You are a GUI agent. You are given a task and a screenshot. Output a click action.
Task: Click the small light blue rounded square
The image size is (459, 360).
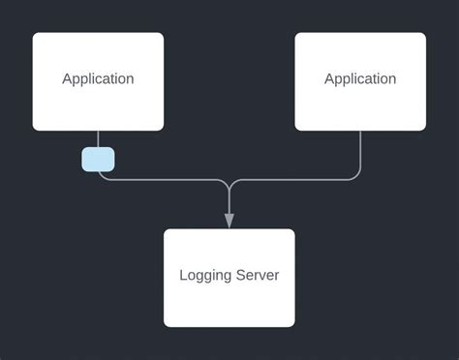click(98, 159)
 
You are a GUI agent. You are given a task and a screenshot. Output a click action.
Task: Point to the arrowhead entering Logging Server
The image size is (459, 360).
click(229, 221)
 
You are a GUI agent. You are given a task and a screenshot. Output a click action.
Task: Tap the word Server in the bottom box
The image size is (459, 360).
click(258, 276)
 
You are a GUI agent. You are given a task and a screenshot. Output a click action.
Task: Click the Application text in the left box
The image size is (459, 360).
click(98, 79)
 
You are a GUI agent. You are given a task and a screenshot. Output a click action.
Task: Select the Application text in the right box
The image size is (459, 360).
click(360, 79)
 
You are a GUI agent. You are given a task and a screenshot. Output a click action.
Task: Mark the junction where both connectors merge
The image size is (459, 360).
click(229, 184)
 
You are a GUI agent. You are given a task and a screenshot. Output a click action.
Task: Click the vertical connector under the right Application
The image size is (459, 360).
click(360, 150)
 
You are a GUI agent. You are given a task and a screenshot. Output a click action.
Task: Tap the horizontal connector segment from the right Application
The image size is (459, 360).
click(295, 179)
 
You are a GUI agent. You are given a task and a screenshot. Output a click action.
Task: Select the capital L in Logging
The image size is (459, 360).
click(184, 276)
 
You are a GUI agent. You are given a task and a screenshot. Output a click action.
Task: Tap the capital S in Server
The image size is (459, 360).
click(241, 276)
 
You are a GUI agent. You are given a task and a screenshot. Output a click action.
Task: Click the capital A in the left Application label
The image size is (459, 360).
click(67, 79)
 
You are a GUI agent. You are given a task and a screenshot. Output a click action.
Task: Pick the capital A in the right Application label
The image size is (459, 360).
click(329, 79)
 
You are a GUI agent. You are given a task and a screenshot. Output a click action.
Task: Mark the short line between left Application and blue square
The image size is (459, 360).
click(98, 138)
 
